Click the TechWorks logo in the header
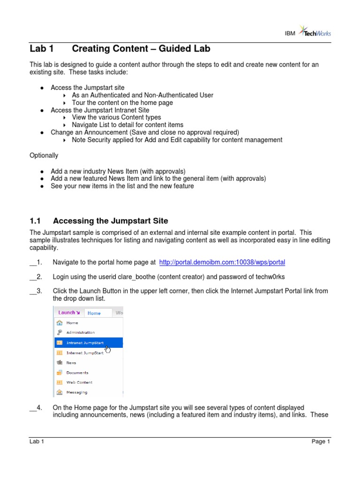point(317,31)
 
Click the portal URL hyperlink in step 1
point(222,262)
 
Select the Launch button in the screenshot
point(68,313)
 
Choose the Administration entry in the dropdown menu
point(80,332)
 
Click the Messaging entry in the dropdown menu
point(76,392)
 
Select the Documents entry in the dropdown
point(77,373)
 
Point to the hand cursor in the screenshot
point(108,349)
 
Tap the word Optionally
point(44,155)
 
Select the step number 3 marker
point(36,291)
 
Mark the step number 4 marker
point(36,407)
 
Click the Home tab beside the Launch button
point(94,313)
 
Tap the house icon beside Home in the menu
point(59,322)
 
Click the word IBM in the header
point(290,33)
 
